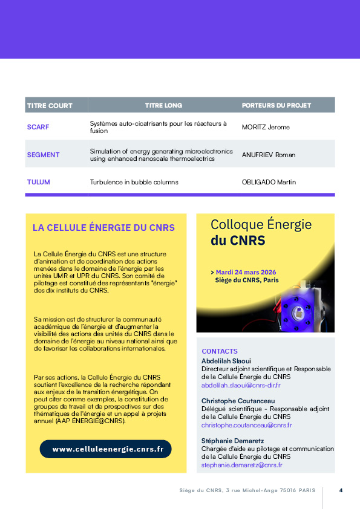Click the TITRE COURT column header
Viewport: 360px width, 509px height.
(x=50, y=105)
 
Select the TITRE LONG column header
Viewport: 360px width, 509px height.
(x=163, y=105)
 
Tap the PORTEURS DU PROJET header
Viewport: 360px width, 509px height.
(x=277, y=105)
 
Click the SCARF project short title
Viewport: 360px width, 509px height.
(x=38, y=127)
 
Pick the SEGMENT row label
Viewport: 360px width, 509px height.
(x=43, y=155)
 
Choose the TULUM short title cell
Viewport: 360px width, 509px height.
(x=39, y=182)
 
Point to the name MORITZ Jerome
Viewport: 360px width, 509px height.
(x=266, y=127)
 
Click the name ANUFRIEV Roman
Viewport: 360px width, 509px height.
(x=269, y=155)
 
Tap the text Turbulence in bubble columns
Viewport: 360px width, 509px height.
(x=137, y=182)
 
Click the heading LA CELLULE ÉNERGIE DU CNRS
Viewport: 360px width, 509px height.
(x=103, y=228)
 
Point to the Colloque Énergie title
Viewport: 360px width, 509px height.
(x=261, y=224)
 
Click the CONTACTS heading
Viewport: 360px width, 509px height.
(x=220, y=351)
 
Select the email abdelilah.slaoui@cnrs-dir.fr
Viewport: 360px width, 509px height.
(x=241, y=385)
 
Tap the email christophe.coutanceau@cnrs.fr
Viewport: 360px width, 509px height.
(x=247, y=425)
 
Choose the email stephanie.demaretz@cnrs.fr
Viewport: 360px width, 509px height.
(x=242, y=465)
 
